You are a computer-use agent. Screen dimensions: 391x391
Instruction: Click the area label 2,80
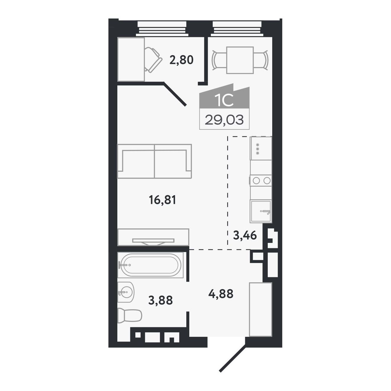click(181, 60)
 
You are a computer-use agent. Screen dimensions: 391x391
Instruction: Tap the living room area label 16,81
click(162, 200)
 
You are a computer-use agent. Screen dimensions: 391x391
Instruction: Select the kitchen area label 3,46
click(245, 235)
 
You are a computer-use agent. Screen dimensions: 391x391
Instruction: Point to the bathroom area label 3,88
click(161, 300)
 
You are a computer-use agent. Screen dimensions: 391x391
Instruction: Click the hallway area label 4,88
click(221, 294)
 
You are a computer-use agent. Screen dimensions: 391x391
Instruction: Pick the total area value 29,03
click(224, 120)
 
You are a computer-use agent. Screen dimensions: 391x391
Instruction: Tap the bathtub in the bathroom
click(150, 265)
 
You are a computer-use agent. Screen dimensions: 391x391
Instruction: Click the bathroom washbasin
click(126, 292)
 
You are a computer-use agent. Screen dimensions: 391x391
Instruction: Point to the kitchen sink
click(261, 211)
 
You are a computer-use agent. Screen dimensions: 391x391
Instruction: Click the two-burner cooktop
click(261, 180)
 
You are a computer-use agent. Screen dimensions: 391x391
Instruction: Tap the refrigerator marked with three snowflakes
click(261, 148)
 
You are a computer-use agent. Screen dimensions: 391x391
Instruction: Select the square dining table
click(240, 60)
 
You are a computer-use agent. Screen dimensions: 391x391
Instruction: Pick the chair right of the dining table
click(261, 60)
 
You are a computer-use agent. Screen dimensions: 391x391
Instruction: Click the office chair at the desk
click(153, 60)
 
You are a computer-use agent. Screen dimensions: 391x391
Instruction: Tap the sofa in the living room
click(154, 161)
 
